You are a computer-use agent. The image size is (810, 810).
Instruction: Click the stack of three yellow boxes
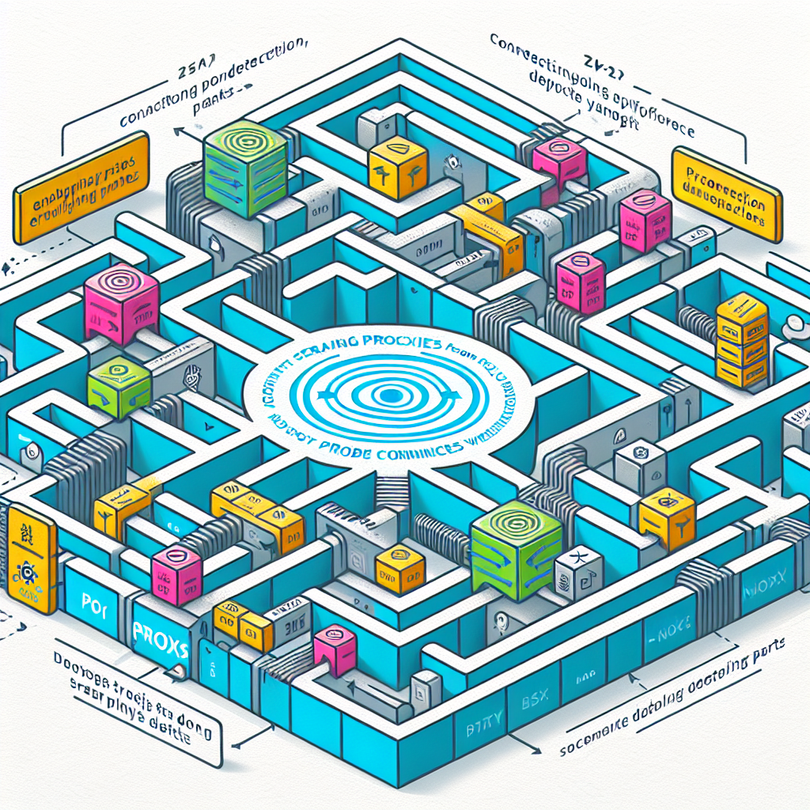click(x=742, y=340)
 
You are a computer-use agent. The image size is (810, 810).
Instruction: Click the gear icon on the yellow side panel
click(x=26, y=570)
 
